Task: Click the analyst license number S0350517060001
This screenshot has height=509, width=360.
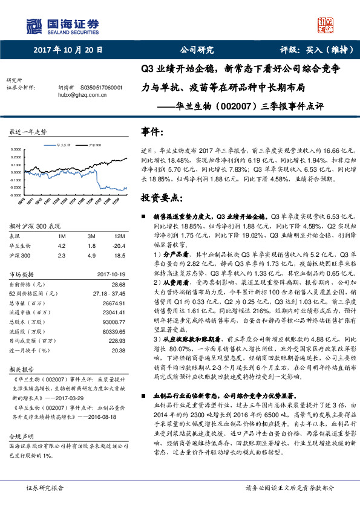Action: (x=101, y=87)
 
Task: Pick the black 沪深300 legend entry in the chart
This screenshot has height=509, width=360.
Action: (x=93, y=146)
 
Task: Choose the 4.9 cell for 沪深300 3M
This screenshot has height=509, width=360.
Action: (x=93, y=255)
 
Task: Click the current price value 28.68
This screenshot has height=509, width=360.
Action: (x=118, y=284)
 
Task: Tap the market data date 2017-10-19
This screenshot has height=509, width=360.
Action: (x=111, y=275)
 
